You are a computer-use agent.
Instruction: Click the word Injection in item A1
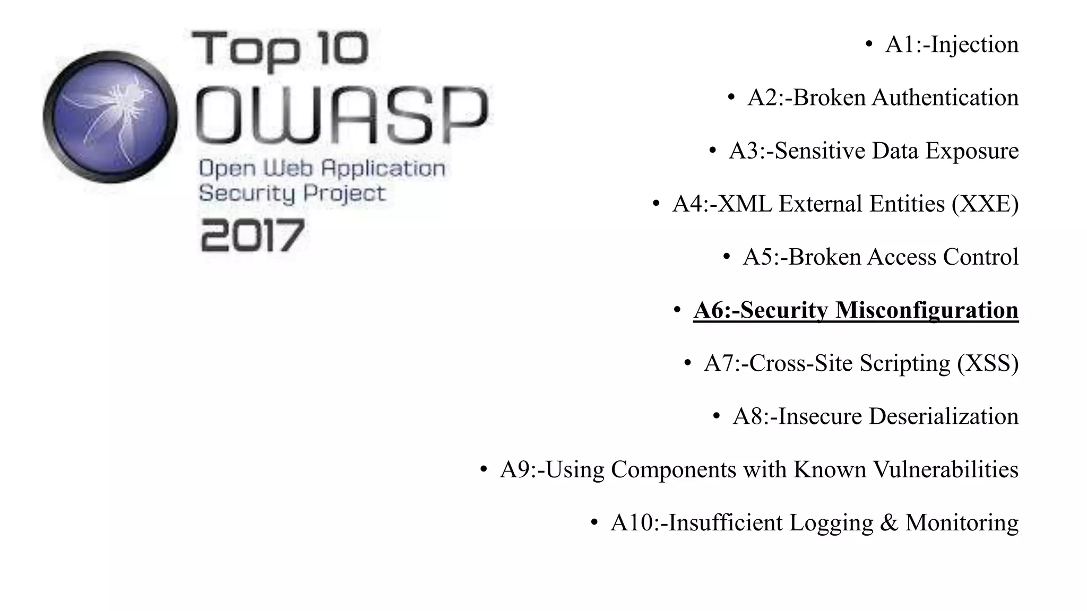pyautogui.click(x=974, y=45)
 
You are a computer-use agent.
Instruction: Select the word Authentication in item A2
pyautogui.click(x=945, y=98)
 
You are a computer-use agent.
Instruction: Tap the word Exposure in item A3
pyautogui.click(x=972, y=151)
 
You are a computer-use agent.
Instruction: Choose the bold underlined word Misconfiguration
pyautogui.click(x=927, y=310)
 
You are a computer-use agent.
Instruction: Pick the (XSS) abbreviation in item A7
pyautogui.click(x=988, y=364)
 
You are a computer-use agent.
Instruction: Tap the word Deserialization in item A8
pyautogui.click(x=944, y=417)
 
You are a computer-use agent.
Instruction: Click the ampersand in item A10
pyautogui.click(x=889, y=523)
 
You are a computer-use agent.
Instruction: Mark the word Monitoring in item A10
pyautogui.click(x=962, y=523)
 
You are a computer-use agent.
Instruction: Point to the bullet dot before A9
pyautogui.click(x=484, y=469)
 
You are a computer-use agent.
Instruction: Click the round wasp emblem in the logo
pyautogui.click(x=110, y=117)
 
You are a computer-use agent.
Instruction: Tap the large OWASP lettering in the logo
pyautogui.click(x=342, y=115)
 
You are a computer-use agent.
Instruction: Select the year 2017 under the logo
pyautogui.click(x=253, y=236)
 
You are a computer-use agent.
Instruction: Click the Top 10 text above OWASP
pyautogui.click(x=280, y=49)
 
